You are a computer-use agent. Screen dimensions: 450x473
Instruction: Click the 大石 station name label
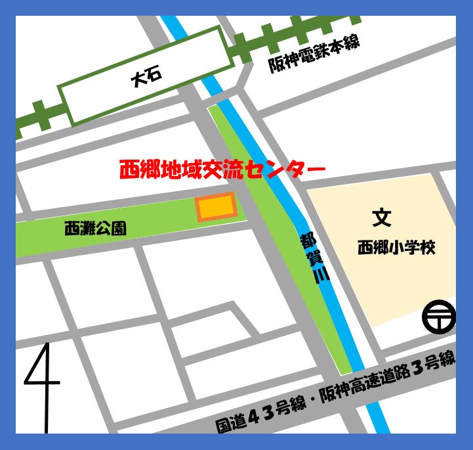point(146,78)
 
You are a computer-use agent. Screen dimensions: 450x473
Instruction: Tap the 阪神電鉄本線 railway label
point(314,55)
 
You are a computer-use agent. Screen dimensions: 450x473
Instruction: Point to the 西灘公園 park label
point(95,229)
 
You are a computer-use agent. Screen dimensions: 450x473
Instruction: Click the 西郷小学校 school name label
point(396,248)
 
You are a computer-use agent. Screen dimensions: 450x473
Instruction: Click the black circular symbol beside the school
point(439,317)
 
